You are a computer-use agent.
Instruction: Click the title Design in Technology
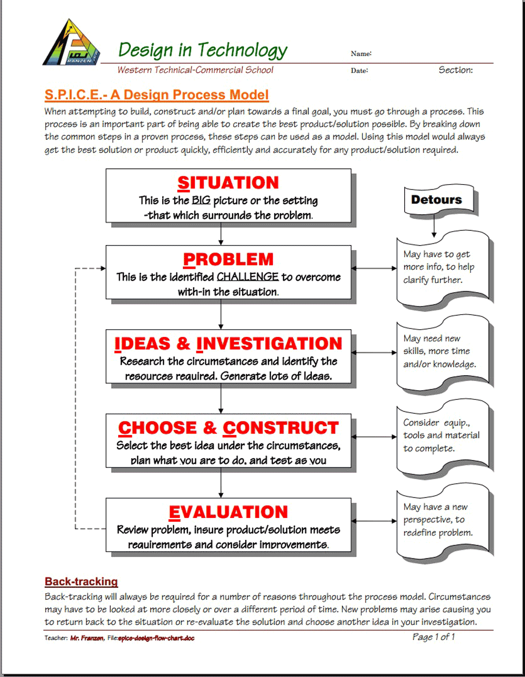pos(203,50)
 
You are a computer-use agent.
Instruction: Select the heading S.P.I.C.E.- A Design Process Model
pos(156,95)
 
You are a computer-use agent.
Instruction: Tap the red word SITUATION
pos(228,183)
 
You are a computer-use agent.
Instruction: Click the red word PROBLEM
pos(228,259)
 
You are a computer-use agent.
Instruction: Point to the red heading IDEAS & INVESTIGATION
pos(228,344)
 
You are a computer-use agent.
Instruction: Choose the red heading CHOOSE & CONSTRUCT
pos(228,428)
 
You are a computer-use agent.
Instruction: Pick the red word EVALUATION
pos(228,512)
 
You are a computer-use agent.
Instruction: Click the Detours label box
pos(437,200)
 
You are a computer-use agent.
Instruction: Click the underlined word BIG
pos(201,200)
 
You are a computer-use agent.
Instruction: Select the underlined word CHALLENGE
pos(247,277)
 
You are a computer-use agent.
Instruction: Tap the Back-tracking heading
pos(81,581)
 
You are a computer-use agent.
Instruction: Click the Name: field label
pos(361,54)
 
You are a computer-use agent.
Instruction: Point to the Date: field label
pos(360,71)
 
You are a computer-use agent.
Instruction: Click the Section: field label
pos(456,70)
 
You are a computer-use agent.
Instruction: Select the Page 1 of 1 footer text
pos(434,637)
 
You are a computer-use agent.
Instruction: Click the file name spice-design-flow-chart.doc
pos(156,638)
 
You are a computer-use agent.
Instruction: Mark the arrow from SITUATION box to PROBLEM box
pos(221,234)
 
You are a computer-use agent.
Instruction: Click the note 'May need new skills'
pos(439,351)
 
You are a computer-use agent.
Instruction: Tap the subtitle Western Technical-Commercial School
pos(195,70)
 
